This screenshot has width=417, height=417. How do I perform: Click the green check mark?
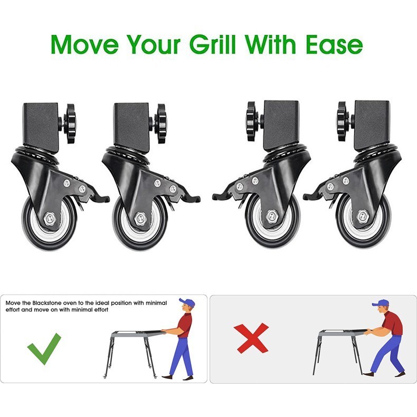[45, 348]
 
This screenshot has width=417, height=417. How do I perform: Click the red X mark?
[252, 338]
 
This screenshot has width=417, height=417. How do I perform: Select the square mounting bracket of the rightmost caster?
[371, 122]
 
